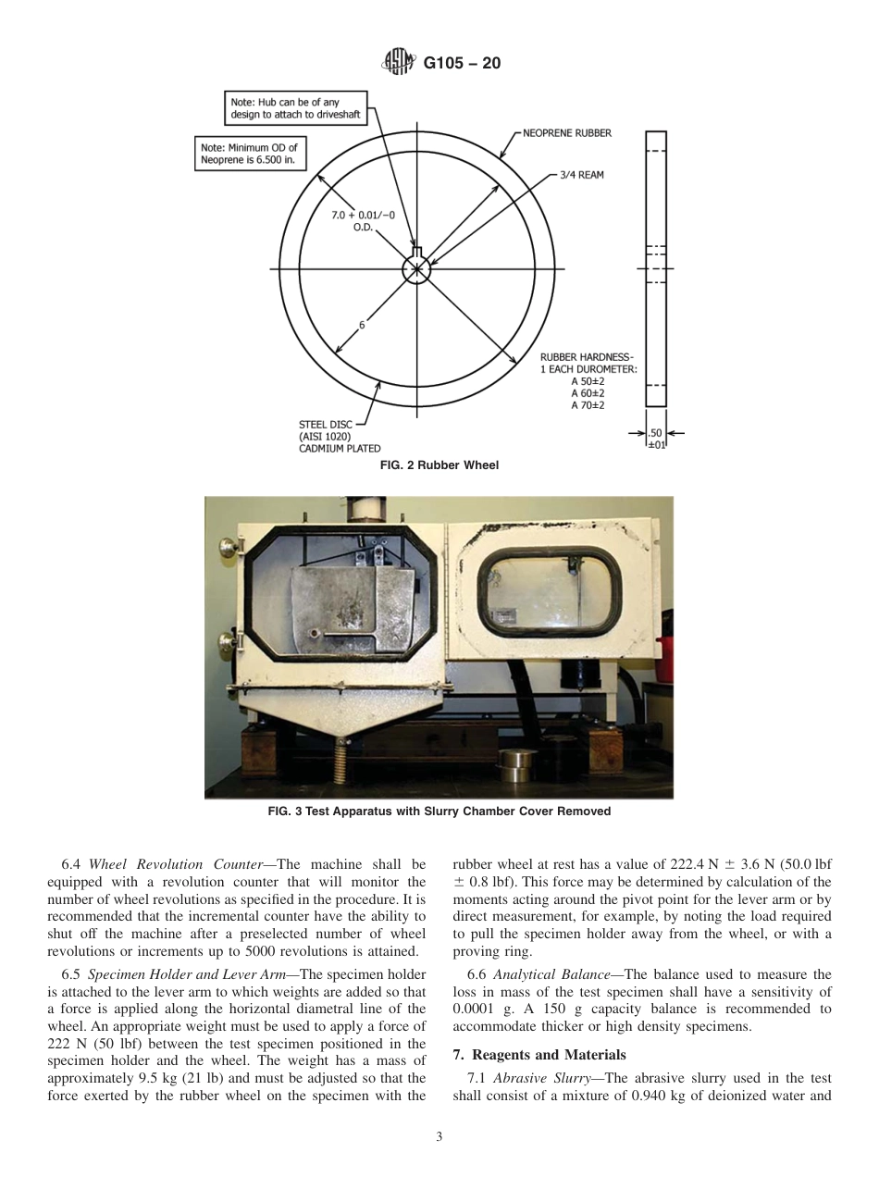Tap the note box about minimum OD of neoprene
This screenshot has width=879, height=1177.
(251, 154)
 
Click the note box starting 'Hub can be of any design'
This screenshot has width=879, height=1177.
(295, 107)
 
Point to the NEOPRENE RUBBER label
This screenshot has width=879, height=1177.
(566, 133)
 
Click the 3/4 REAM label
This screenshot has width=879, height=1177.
(581, 175)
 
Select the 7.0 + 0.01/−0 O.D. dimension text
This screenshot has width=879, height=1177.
(364, 221)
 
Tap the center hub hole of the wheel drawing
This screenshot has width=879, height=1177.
(416, 269)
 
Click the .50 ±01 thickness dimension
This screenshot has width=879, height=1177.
(655, 438)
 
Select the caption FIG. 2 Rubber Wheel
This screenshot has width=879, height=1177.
(439, 465)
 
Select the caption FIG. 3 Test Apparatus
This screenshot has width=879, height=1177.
(439, 812)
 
